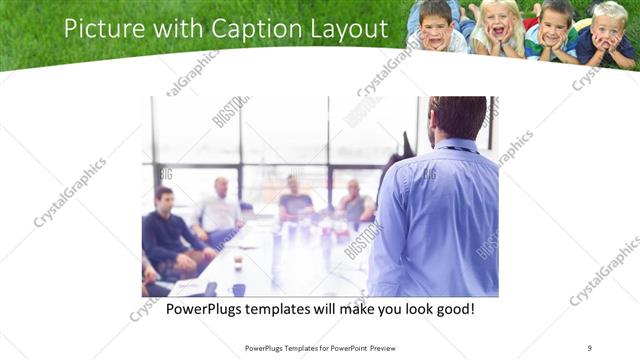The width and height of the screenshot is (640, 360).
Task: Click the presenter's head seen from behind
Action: pos(458,117)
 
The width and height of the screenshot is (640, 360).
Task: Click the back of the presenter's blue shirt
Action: pos(435,215)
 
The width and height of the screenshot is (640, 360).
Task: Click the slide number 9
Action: pos(589,347)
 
